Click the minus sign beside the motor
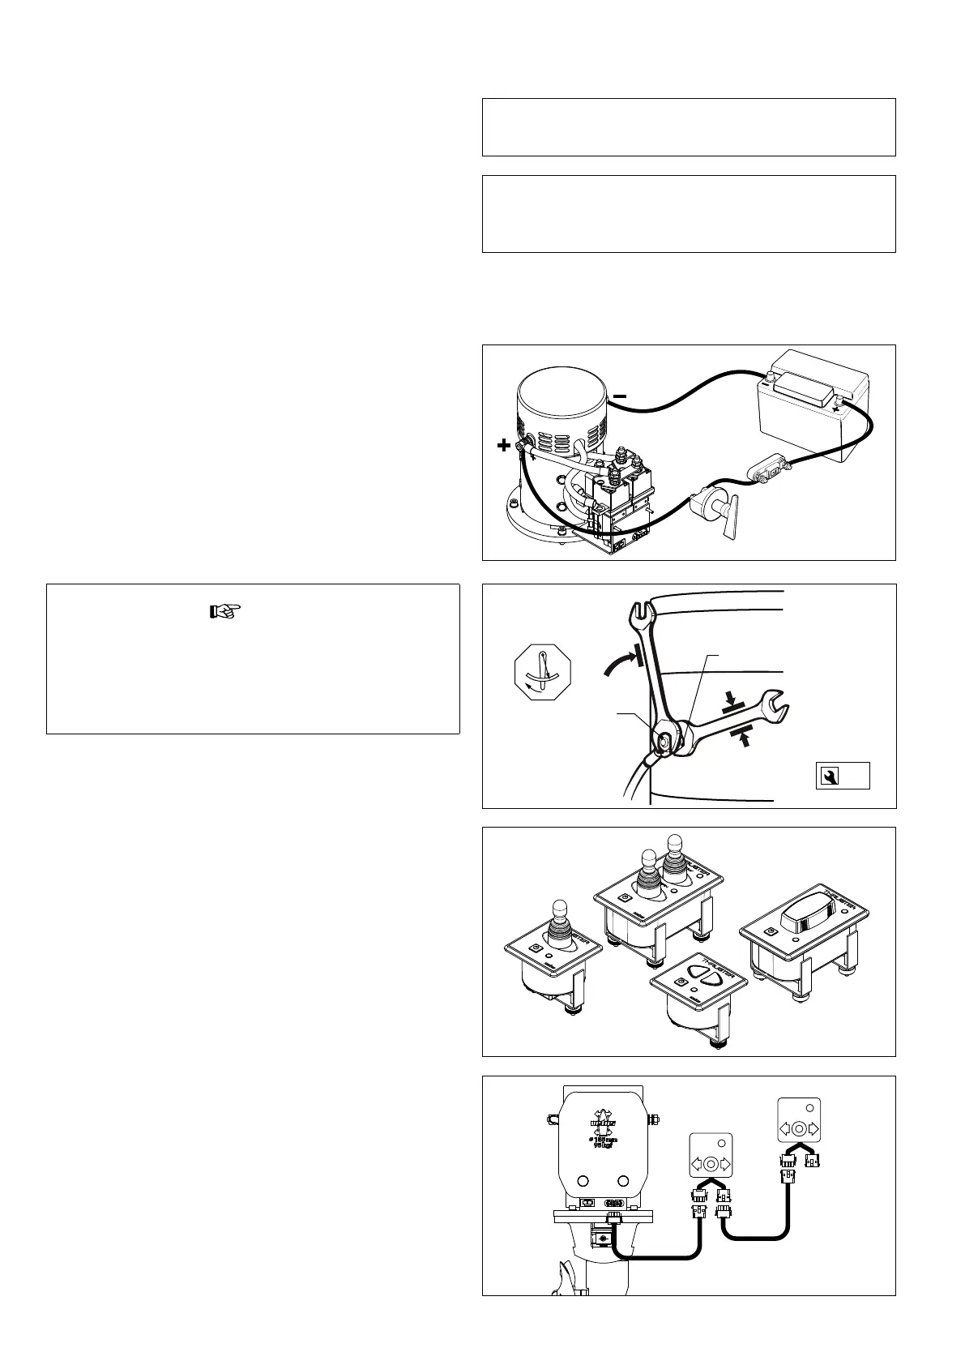[619, 395]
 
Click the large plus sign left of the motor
[503, 445]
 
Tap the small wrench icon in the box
[828, 777]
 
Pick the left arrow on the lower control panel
[696, 1164]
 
